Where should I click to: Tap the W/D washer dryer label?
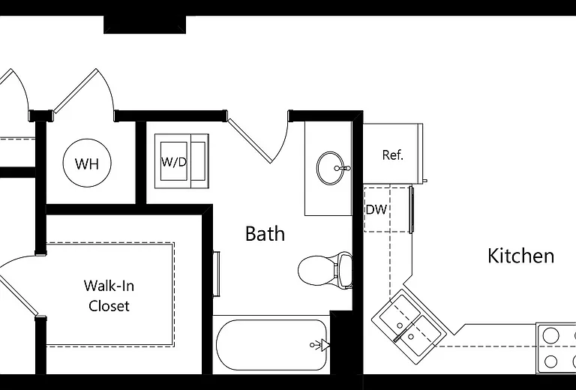point(174,162)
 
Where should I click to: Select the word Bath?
point(265,233)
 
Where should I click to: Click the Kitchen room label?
point(521,256)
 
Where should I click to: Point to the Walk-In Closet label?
point(109,295)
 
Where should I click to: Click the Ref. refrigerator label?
point(393,155)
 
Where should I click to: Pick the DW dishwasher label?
point(376,210)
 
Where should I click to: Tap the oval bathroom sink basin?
point(330,168)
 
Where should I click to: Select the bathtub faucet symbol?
point(320,345)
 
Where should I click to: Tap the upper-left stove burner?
point(550,335)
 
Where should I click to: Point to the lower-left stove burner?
point(550,361)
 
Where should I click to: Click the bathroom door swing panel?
point(250,140)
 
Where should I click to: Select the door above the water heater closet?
point(76,90)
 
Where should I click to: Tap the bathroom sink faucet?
point(342,168)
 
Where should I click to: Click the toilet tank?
point(345,270)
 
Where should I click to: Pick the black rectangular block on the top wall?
point(145,25)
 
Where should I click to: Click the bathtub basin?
point(271,345)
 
